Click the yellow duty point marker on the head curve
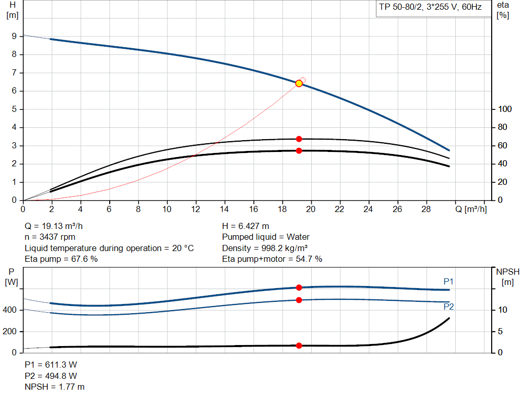point(299,83)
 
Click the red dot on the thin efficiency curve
point(299,139)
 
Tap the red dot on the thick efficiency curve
point(299,150)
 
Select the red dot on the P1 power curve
point(299,288)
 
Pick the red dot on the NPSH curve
point(299,346)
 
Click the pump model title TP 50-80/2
point(430,9)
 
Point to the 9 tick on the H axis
point(14,36)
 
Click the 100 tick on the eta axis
point(505,109)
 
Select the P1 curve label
point(449,281)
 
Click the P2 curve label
point(449,307)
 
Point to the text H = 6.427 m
point(246,226)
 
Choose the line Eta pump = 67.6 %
point(62,259)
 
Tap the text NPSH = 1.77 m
point(55,387)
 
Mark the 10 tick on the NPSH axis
point(503,310)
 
